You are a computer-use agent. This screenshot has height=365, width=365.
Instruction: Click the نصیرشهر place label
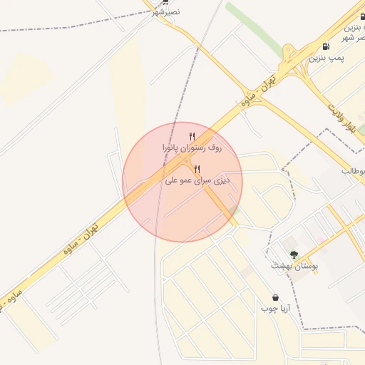[x=165, y=12]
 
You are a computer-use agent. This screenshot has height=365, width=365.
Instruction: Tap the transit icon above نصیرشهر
[x=165, y=2]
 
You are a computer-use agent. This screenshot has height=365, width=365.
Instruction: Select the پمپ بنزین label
[x=326, y=58]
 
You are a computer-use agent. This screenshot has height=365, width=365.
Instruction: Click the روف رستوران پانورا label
[x=192, y=148]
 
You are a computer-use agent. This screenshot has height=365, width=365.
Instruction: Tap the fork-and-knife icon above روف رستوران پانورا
[x=192, y=136]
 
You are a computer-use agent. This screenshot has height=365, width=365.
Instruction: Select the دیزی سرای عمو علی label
[x=197, y=180]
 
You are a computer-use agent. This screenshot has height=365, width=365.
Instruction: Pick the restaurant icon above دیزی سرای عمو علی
[x=197, y=169]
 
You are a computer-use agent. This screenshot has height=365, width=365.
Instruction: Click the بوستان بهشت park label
[x=294, y=266]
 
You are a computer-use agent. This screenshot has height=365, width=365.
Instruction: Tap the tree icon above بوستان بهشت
[x=294, y=255]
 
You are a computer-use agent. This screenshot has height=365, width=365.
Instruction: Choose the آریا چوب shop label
[x=275, y=309]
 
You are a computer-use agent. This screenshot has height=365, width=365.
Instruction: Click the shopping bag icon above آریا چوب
[x=275, y=297]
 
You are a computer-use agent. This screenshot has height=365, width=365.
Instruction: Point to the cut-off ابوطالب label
[x=354, y=171]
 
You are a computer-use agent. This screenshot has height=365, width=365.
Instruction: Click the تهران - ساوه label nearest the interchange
[x=258, y=96]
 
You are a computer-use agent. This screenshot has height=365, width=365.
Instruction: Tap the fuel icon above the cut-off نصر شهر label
[x=361, y=16]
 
